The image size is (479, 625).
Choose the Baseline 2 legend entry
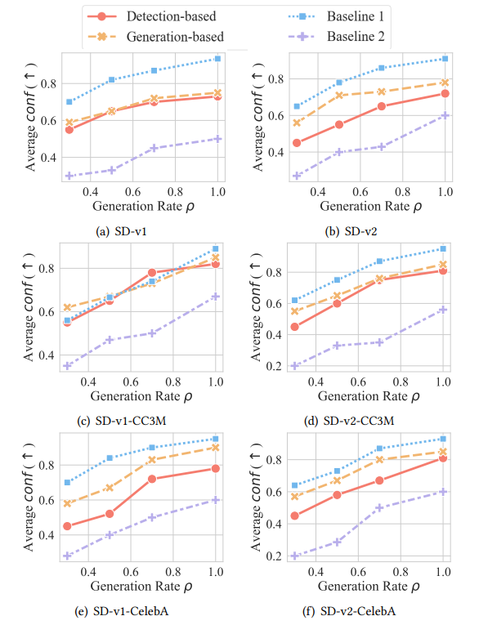tap(344, 36)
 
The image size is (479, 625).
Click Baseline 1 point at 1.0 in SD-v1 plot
tap(217, 59)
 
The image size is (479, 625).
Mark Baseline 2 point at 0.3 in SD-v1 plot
tap(69, 176)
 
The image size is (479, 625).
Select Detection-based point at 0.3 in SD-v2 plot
tap(297, 143)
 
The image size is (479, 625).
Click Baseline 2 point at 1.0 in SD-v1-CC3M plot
tap(216, 297)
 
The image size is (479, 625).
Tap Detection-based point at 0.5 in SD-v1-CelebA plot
tap(109, 514)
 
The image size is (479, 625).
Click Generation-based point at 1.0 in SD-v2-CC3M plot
tap(443, 264)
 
